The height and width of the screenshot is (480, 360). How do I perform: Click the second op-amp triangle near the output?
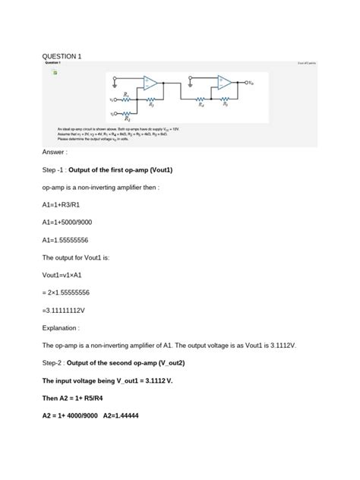pos(225,83)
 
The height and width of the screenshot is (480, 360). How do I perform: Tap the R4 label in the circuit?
pos(201,106)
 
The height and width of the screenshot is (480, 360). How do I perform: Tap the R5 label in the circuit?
pos(225,106)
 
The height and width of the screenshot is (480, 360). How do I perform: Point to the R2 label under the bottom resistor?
pos(127,120)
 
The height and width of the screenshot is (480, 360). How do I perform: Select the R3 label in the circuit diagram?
pos(151,106)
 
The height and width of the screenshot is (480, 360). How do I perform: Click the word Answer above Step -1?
pos(56,152)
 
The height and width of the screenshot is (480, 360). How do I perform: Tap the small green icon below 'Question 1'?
pos(55,73)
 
